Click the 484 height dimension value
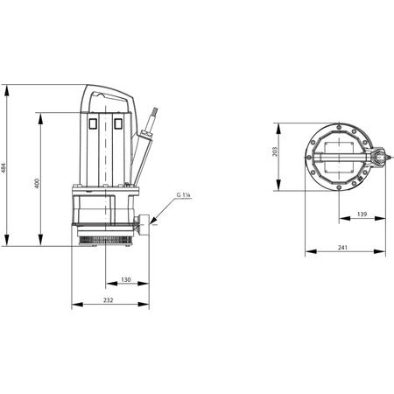pyautogui.click(x=4, y=168)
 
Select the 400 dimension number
pyautogui.click(x=37, y=183)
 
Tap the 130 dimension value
pyautogui.click(x=126, y=279)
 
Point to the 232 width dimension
pyautogui.click(x=108, y=300)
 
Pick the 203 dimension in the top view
pyautogui.click(x=275, y=151)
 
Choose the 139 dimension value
pyautogui.click(x=362, y=215)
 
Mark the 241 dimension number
pyautogui.click(x=342, y=247)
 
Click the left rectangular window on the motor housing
pyautogui.click(x=93, y=123)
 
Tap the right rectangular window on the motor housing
pyautogui.click(x=118, y=123)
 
